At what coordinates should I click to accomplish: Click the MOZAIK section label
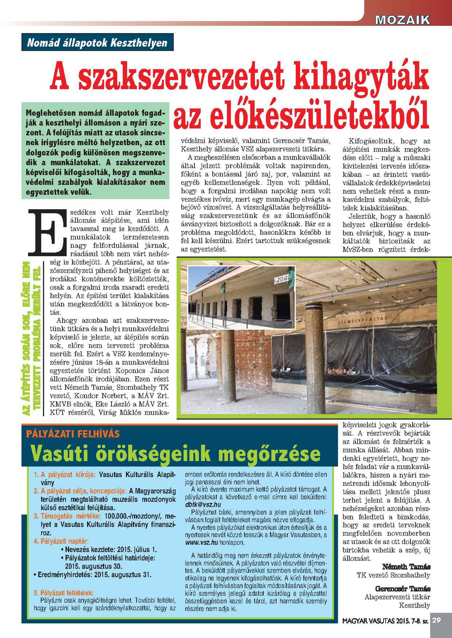403,20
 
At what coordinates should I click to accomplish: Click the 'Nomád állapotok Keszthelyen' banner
97,42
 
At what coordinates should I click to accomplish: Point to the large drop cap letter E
47,231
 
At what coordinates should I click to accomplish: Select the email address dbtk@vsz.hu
203,504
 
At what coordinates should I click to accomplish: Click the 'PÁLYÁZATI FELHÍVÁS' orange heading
73,434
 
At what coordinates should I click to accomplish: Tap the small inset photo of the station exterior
241,297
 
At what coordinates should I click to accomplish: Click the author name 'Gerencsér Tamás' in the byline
403,588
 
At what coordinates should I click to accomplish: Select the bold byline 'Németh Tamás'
406,567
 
